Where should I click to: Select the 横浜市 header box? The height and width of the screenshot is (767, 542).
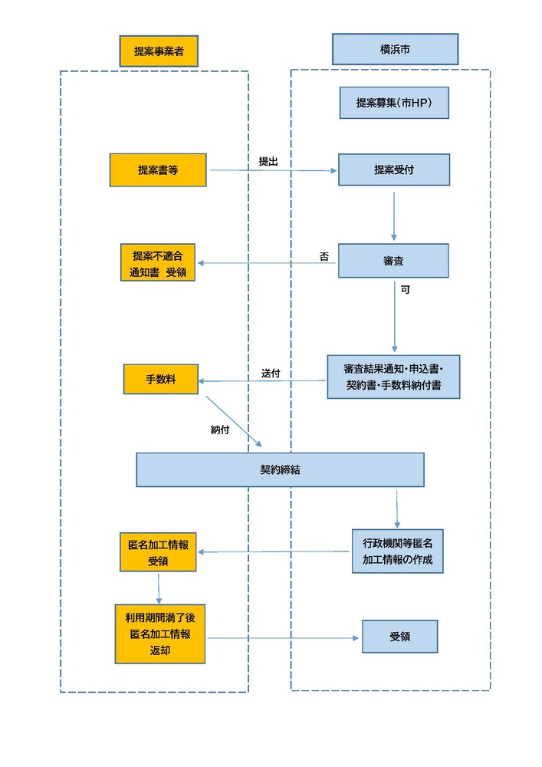[395, 49]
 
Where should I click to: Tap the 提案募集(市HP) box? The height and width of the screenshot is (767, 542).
[394, 103]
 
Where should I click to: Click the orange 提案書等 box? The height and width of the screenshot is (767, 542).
[158, 170]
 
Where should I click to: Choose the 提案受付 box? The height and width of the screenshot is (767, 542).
[394, 170]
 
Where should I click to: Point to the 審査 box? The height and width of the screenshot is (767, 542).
[393, 261]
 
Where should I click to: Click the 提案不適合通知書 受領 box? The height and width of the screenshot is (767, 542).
[158, 262]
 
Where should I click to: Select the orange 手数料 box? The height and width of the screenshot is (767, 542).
[161, 379]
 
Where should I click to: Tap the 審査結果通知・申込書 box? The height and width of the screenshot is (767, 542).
[393, 377]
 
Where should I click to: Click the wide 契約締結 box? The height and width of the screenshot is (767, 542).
[280, 469]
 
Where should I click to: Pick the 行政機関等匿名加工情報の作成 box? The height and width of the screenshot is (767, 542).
[397, 551]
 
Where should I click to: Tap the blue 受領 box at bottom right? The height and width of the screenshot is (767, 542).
[399, 637]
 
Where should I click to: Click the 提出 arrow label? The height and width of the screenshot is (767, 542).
[268, 161]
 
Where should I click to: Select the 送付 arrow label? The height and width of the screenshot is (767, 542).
[271, 373]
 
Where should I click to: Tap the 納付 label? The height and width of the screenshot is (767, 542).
[220, 430]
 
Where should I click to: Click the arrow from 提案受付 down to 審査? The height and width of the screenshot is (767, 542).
[393, 215]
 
